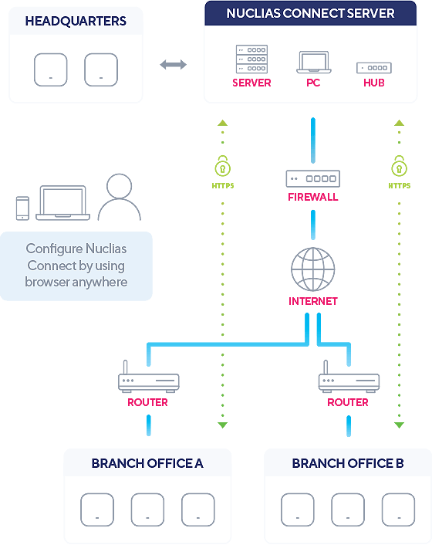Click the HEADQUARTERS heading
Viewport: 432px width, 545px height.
[76, 21]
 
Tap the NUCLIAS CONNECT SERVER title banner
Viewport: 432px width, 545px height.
[310, 13]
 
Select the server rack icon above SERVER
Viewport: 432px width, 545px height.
[251, 59]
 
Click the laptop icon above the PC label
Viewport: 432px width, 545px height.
[313, 63]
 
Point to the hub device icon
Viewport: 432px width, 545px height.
[374, 68]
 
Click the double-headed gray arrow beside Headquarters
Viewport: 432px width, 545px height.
[174, 64]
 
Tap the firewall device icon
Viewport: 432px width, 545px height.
[313, 178]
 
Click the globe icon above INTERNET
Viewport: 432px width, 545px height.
[313, 269]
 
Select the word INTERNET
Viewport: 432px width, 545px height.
[313, 301]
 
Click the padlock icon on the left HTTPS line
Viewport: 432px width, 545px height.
[223, 166]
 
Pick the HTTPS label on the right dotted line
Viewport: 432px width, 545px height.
[400, 186]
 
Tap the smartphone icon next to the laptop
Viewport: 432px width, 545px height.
[22, 208]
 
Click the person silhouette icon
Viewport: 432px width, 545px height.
[119, 197]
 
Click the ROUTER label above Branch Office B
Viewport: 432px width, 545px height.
[348, 402]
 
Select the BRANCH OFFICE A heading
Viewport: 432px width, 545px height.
[147, 463]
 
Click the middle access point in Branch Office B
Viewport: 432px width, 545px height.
[348, 509]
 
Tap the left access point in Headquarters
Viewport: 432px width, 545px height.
[51, 69]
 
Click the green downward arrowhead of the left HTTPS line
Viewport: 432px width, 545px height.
[223, 425]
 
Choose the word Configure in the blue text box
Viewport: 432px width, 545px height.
[54, 249]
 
